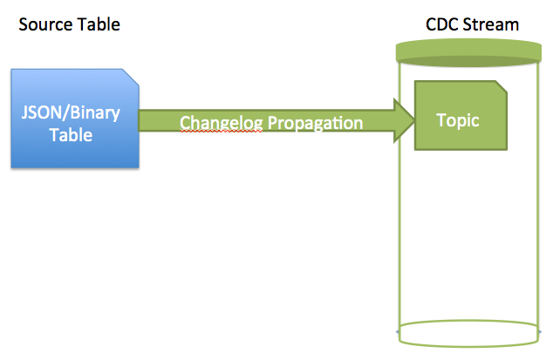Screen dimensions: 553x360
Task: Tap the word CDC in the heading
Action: (x=442, y=24)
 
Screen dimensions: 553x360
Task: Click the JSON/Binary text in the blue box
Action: (x=71, y=113)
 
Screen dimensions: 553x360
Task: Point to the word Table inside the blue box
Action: (x=71, y=135)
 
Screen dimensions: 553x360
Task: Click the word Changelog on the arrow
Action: (x=222, y=123)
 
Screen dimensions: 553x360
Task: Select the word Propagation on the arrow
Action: (x=315, y=123)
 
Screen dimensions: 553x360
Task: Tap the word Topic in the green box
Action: (x=457, y=120)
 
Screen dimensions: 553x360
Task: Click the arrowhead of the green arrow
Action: (x=404, y=120)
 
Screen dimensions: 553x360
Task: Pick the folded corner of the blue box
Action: (x=131, y=77)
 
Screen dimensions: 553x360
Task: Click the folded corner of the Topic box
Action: (x=502, y=87)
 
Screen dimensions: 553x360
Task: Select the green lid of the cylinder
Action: (x=468, y=52)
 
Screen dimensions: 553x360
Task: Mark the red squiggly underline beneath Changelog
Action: (x=222, y=131)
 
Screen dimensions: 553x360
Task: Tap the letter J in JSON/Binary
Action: (x=24, y=112)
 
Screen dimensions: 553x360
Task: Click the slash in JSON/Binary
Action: (x=65, y=113)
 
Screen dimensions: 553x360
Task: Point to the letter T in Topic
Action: (x=441, y=120)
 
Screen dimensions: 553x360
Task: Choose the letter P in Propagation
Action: (x=273, y=122)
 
